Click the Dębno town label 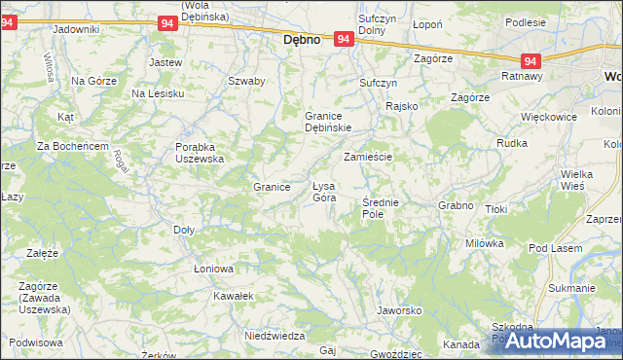click(x=302, y=42)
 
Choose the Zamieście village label click(x=367, y=157)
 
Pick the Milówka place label click(x=484, y=243)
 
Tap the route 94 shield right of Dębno click(x=343, y=39)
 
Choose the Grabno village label click(x=456, y=205)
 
